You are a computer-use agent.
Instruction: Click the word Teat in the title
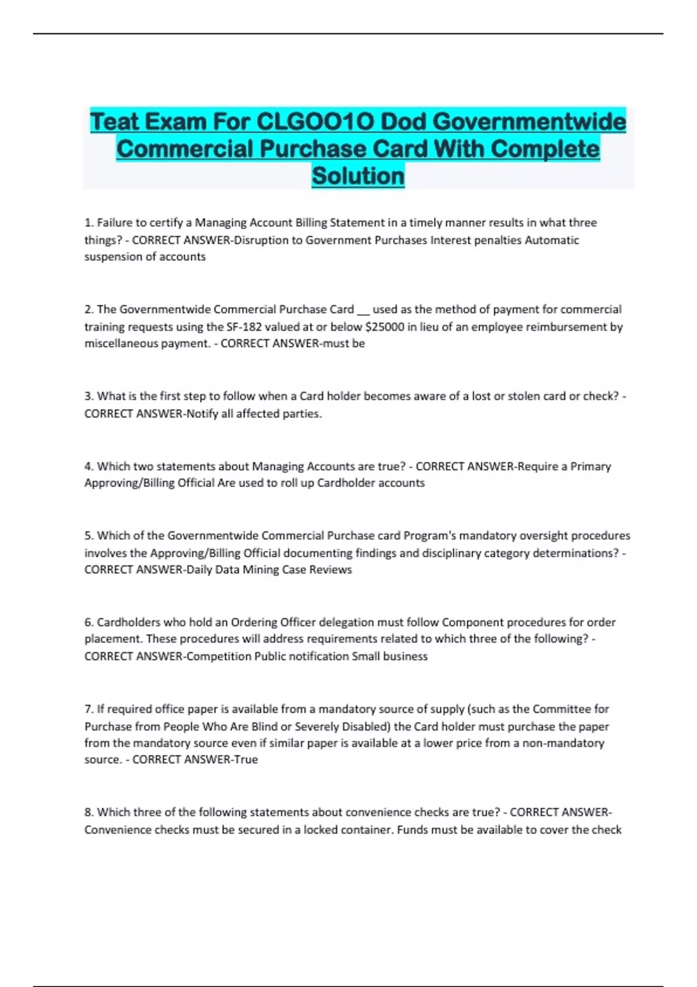pyautogui.click(x=114, y=122)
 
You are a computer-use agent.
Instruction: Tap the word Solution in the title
pyautogui.click(x=358, y=176)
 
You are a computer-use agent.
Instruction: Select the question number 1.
pyautogui.click(x=89, y=223)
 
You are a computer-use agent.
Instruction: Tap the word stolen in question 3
pyautogui.click(x=524, y=396)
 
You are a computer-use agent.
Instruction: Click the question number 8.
pyautogui.click(x=89, y=812)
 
